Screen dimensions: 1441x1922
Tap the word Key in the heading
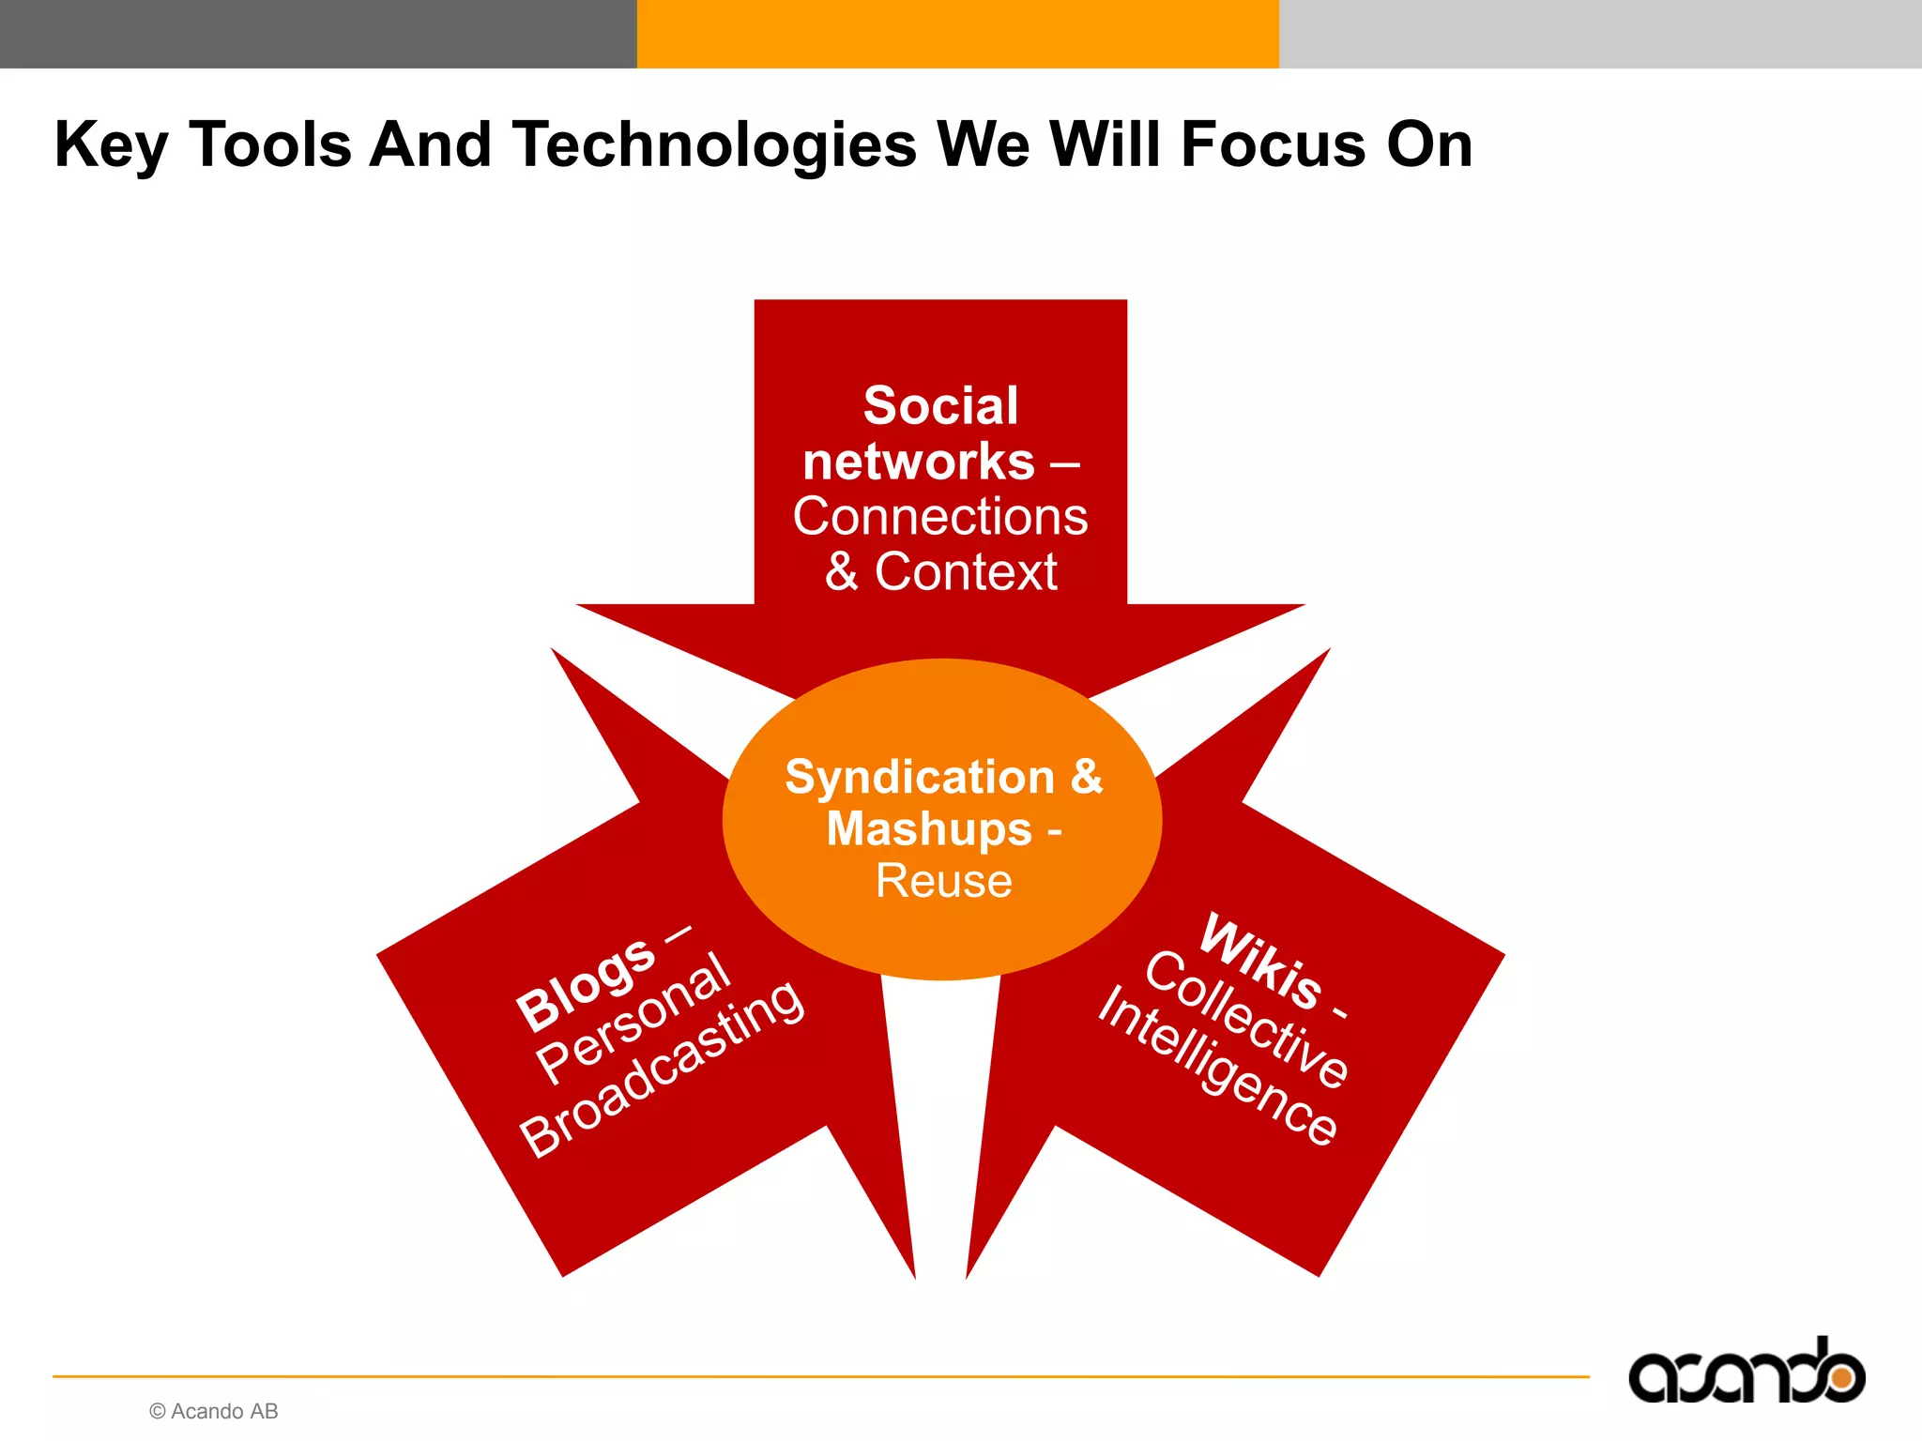(111, 145)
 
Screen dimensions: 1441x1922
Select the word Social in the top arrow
(940, 406)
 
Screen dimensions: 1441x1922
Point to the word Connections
(940, 517)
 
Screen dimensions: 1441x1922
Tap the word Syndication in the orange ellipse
(920, 777)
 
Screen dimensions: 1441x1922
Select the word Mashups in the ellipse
(929, 828)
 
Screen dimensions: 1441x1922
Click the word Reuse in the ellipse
(943, 881)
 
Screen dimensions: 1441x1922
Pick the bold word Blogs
(586, 985)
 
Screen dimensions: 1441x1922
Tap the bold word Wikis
(1262, 961)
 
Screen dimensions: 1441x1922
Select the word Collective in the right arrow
(1246, 1019)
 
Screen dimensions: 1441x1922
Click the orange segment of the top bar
(957, 34)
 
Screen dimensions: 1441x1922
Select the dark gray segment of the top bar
(319, 34)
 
